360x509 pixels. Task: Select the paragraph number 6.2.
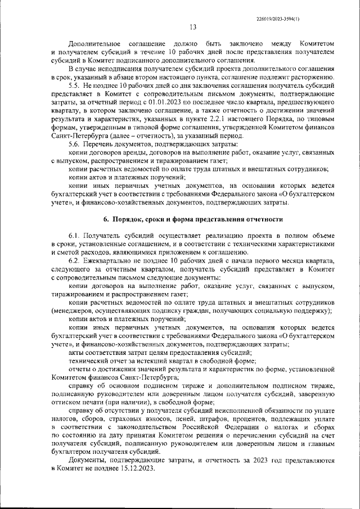click(75, 261)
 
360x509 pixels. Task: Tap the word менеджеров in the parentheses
click(75, 311)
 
